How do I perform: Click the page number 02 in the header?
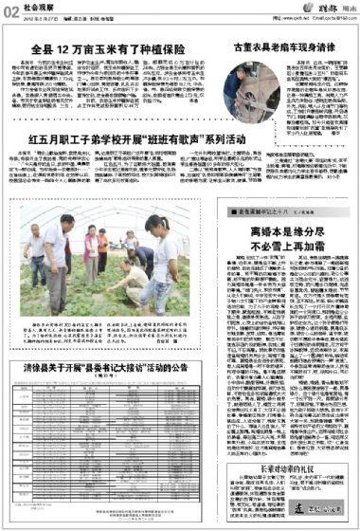point(12,9)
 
